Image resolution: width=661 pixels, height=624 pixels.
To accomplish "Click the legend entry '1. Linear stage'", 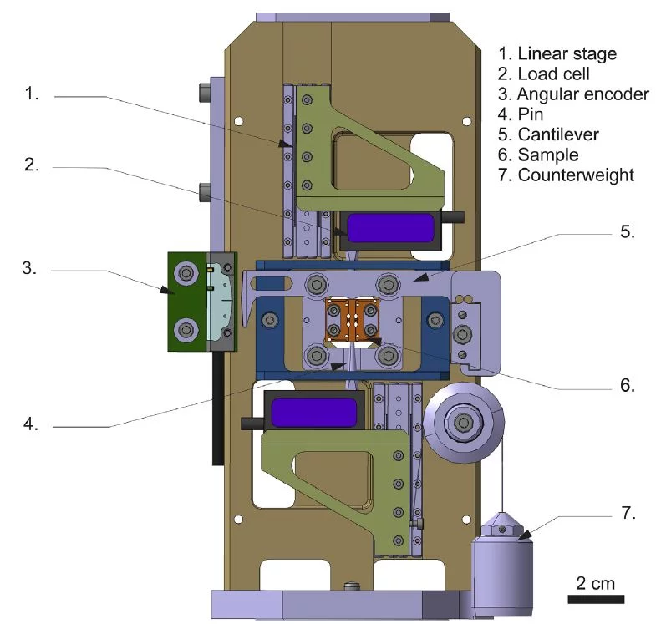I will click(557, 53).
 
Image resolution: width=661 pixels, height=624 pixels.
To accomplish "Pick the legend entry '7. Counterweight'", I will click(566, 175).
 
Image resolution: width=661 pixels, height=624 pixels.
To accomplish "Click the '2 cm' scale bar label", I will click(596, 582).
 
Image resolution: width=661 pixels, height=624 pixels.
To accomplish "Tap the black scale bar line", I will click(596, 599).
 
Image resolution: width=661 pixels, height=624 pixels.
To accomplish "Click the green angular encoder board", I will click(186, 301).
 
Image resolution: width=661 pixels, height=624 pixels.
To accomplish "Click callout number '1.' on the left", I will click(32, 94).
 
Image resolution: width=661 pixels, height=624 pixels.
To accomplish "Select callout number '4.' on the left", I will click(32, 424).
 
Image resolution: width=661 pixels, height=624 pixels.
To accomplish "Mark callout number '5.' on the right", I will click(628, 232).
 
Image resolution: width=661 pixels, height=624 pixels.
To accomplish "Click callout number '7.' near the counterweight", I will click(628, 512).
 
